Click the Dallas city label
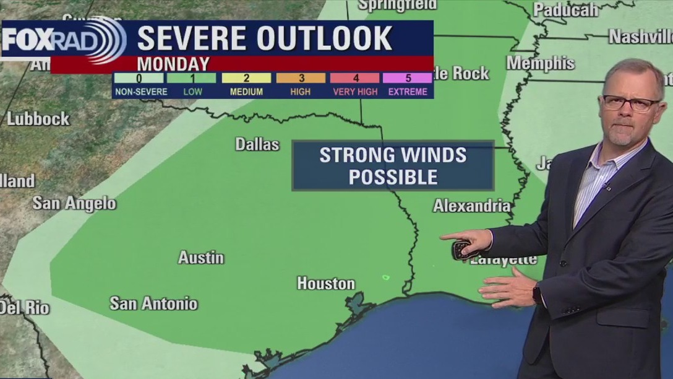(257, 144)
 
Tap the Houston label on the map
(326, 284)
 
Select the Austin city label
(201, 258)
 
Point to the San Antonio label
(153, 303)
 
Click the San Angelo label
(74, 203)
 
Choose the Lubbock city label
(38, 119)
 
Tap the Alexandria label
(472, 206)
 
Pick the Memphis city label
(541, 63)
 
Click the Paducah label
(565, 10)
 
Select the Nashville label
(640, 37)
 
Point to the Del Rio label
(25, 307)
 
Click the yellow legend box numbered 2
(246, 78)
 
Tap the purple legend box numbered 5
(407, 78)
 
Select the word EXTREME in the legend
(407, 92)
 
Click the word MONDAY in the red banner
(173, 64)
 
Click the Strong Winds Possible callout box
(393, 165)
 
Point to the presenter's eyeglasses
(630, 103)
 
